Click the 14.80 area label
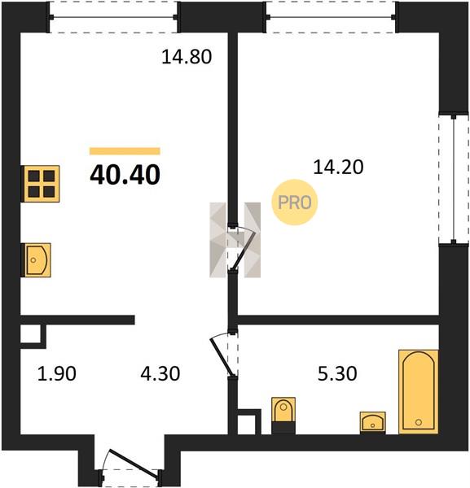(187, 57)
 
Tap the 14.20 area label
(338, 167)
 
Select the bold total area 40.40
(125, 175)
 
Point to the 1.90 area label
(57, 373)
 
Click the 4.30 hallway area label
(160, 373)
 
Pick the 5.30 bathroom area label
(337, 373)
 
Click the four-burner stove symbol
(40, 184)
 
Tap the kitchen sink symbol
(36, 260)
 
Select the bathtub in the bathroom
(419, 392)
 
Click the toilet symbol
(283, 416)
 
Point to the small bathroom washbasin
(373, 423)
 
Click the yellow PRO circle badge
(295, 203)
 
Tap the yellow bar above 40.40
(125, 151)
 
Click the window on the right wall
(454, 180)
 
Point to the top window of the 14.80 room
(114, 17)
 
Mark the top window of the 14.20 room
(331, 17)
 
